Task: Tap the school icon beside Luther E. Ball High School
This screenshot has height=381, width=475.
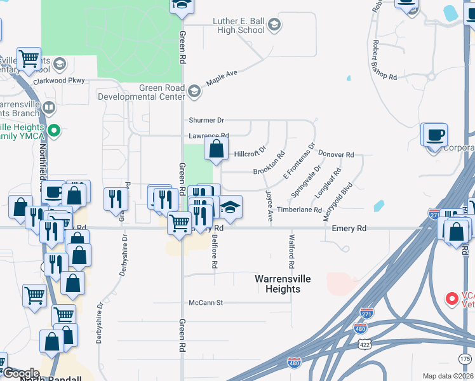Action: coord(274,25)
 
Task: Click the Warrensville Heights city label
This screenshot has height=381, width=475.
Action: coord(278,284)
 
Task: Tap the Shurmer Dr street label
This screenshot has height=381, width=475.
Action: coord(207,120)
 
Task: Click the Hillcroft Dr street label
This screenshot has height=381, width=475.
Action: coord(250,154)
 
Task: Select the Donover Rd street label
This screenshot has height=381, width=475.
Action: coord(336,154)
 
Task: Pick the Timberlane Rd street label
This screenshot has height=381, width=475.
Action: coord(299,210)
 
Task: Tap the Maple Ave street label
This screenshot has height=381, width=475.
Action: coord(222,77)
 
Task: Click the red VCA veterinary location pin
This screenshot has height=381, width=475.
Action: coord(452,297)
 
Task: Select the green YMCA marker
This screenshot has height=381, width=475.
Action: coord(54,131)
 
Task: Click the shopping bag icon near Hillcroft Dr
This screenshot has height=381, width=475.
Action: coord(216,149)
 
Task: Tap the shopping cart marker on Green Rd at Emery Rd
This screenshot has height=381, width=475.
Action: coord(180,224)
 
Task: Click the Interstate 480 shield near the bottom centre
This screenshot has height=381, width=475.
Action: coord(293,363)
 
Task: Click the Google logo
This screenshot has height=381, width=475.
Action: coord(21,373)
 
